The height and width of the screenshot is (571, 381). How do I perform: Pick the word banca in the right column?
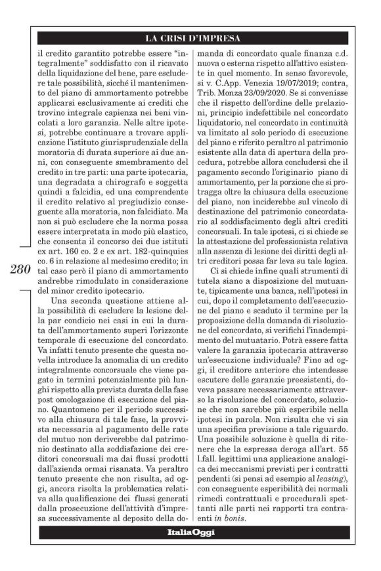click(277, 308)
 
